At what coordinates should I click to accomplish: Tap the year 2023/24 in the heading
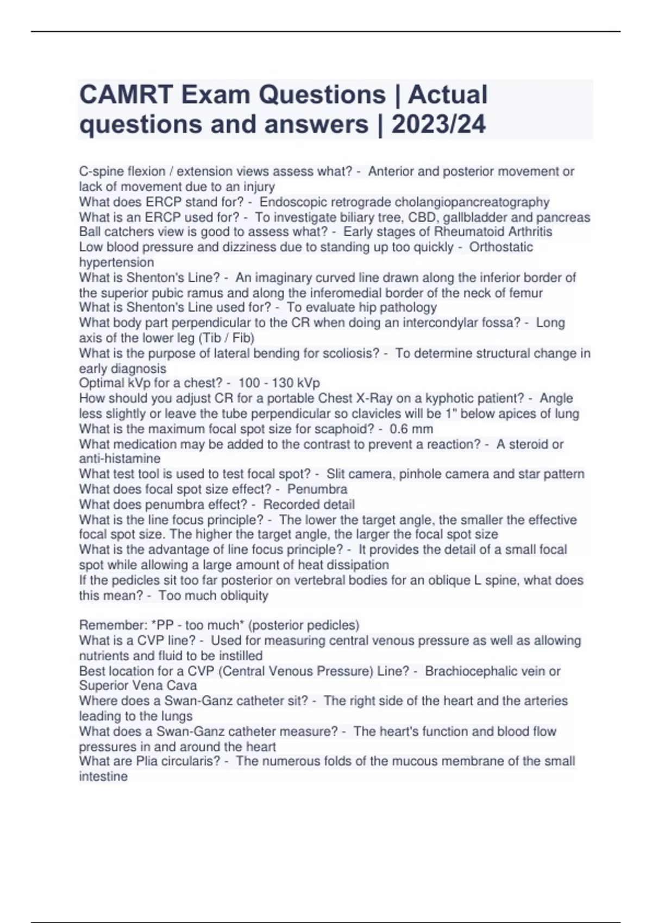438,124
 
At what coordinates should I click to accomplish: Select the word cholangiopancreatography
472,202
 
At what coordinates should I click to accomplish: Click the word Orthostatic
501,247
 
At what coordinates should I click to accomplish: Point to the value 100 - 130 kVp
279,383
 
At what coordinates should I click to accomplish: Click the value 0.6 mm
411,429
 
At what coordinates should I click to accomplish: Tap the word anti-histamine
120,458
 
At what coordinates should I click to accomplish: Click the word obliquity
242,596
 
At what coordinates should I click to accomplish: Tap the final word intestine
103,776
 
